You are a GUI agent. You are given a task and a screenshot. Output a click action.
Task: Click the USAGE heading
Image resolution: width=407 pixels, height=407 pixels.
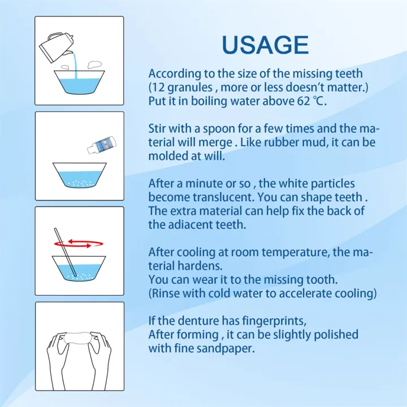(265, 45)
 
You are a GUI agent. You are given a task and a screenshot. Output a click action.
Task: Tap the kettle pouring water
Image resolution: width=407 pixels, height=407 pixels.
(56, 47)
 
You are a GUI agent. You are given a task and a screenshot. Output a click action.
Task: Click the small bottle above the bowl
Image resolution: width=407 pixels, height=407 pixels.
(102, 145)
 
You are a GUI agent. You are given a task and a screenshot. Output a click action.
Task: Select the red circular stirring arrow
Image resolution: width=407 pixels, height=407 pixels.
(79, 244)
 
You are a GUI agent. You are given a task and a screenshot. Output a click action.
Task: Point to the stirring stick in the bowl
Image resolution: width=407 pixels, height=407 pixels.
(66, 252)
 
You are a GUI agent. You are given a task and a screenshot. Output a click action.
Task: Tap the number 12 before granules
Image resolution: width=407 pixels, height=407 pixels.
(158, 87)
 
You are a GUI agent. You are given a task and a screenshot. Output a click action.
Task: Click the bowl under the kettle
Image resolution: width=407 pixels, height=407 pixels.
(79, 82)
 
